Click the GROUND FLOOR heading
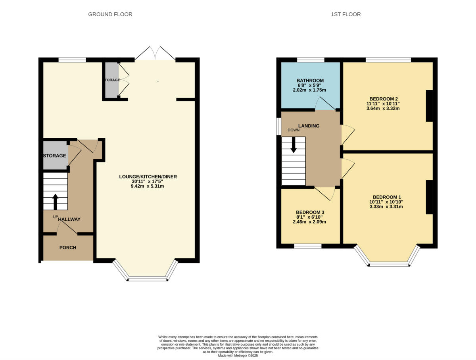(110, 14)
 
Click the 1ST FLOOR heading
(345, 14)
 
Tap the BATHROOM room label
(310, 81)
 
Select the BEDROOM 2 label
(383, 99)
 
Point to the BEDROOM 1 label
(387, 197)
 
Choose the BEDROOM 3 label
(310, 212)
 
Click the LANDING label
(309, 126)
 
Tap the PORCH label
(67, 248)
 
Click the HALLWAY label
(69, 219)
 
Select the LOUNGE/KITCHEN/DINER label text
(148, 177)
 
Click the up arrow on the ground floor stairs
(55, 201)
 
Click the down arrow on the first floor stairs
(294, 145)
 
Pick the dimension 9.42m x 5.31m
(147, 186)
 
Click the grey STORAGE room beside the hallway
(55, 156)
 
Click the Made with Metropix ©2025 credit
(238, 356)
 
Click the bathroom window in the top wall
(311, 60)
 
